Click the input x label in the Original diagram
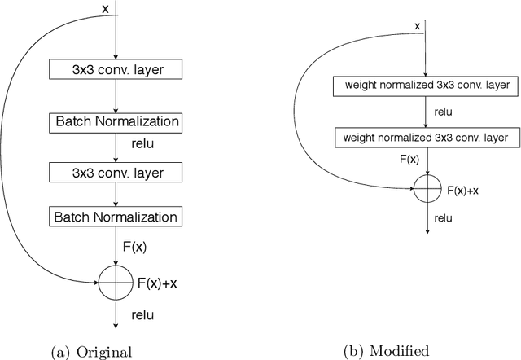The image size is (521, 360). point(104,8)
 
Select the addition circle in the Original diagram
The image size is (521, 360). point(115,282)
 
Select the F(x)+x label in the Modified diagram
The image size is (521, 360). point(463,191)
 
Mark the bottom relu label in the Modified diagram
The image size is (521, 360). point(443,217)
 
